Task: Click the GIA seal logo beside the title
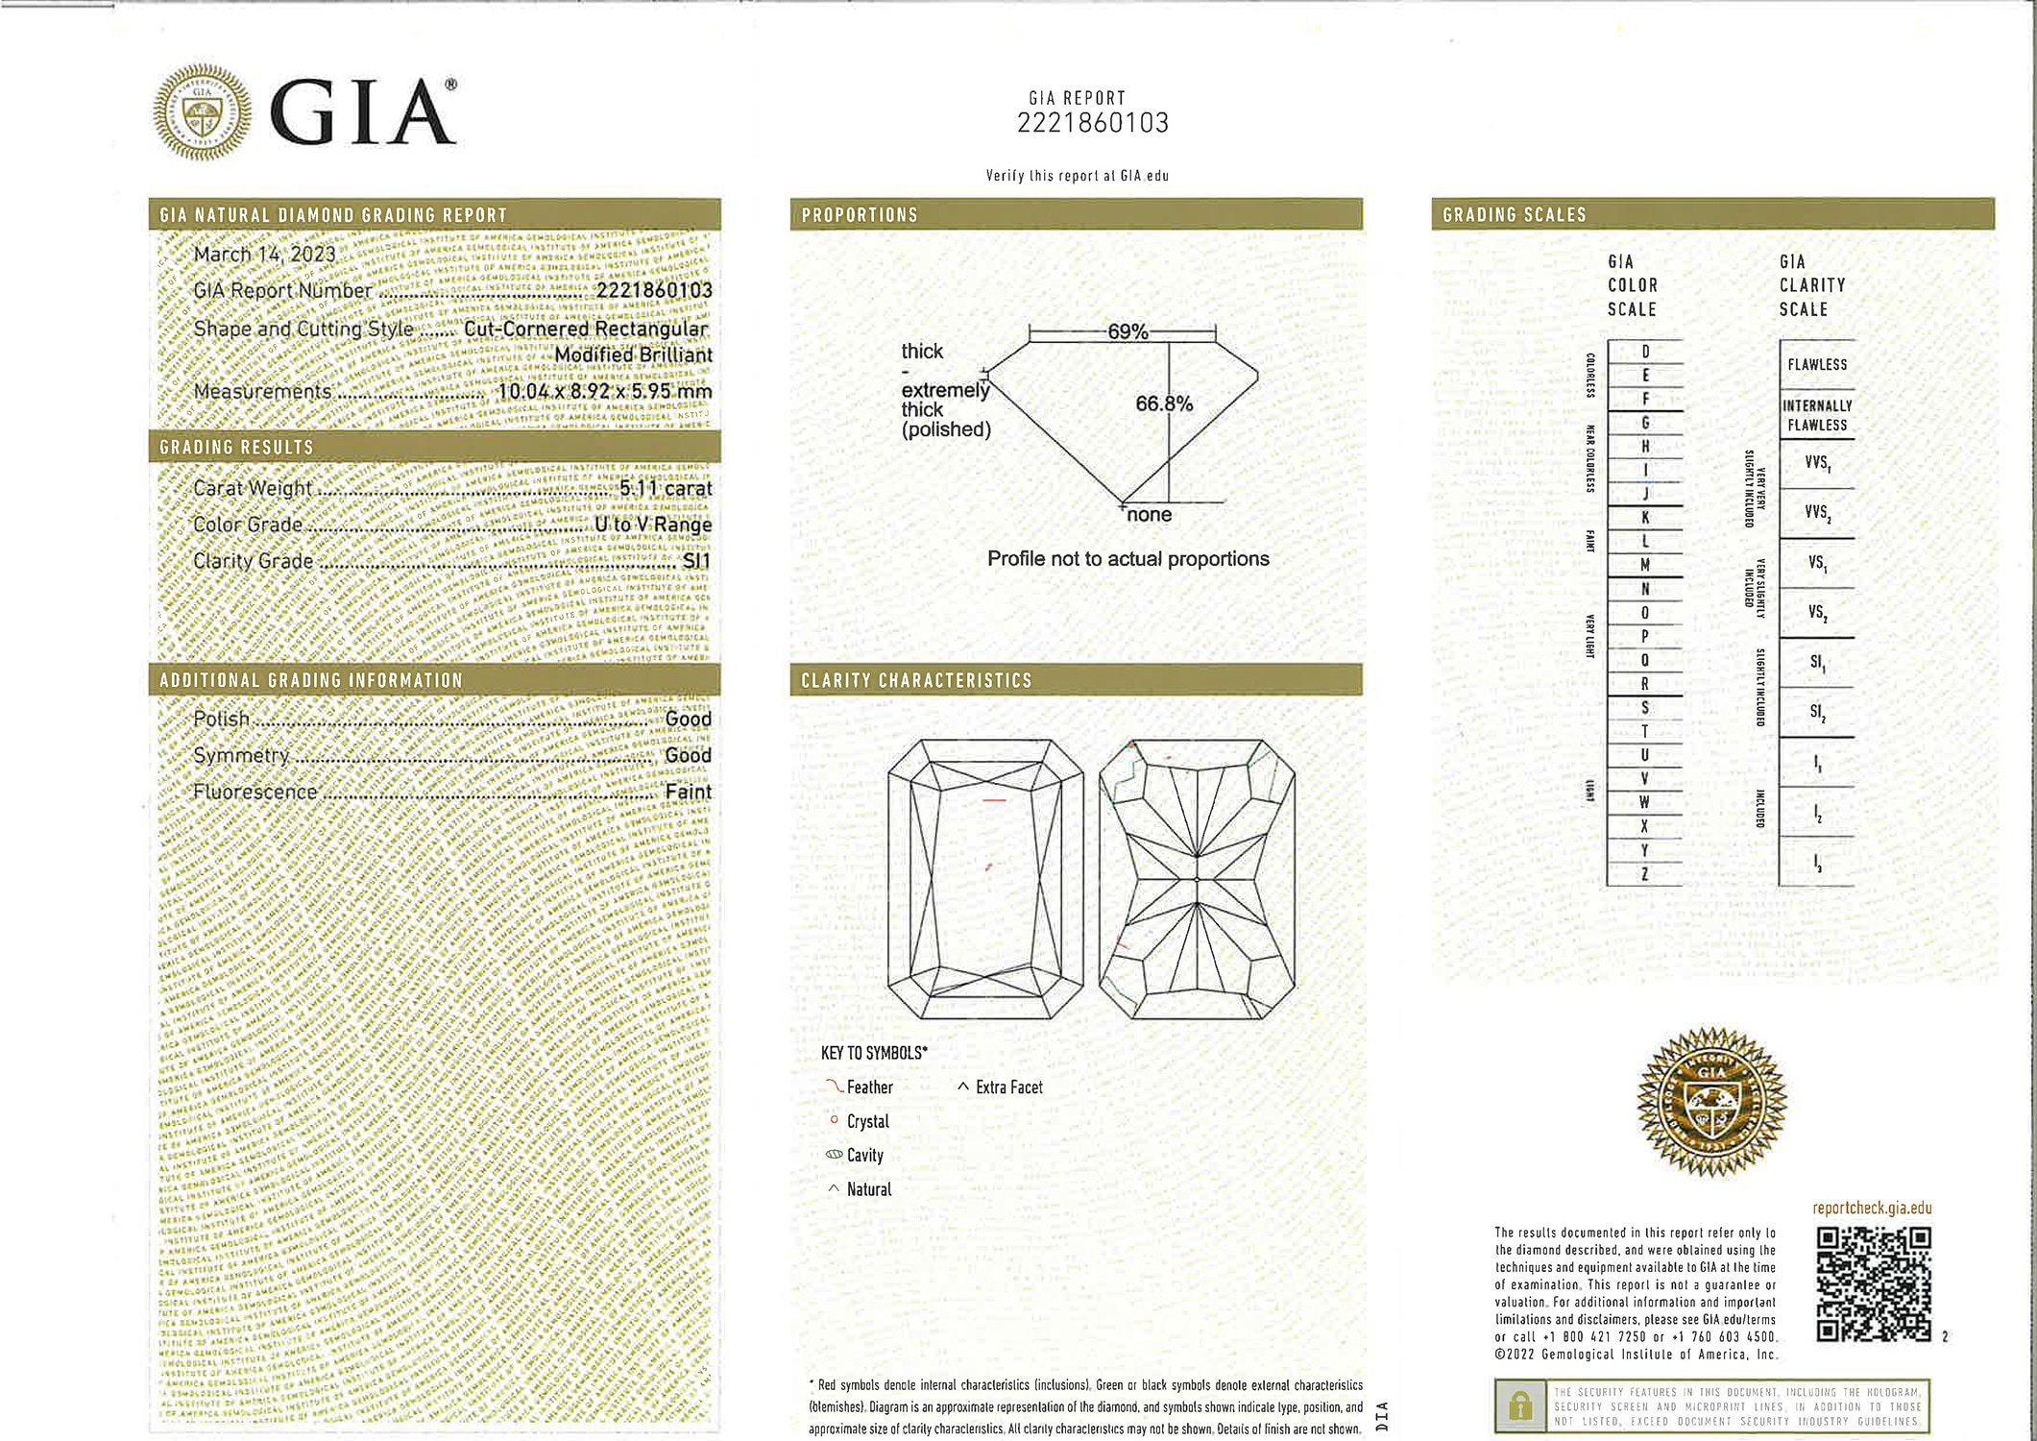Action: [203, 112]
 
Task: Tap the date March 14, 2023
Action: [264, 255]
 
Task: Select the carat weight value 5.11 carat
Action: [665, 488]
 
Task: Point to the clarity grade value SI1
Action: [696, 561]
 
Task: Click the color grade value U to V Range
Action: [653, 525]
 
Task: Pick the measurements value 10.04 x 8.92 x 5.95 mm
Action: [604, 391]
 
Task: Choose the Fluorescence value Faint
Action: [688, 792]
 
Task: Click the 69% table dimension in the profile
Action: [1128, 332]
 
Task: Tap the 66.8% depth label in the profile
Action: [1163, 404]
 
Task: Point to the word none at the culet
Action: [1149, 515]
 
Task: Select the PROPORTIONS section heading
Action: [860, 215]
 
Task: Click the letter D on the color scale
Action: [1645, 353]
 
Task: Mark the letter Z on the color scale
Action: [1645, 874]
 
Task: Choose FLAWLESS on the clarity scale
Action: [1817, 365]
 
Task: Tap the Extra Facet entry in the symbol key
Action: [1007, 1087]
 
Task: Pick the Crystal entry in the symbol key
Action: [866, 1121]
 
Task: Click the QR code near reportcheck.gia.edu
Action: [1874, 1283]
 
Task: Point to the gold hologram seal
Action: [1711, 1102]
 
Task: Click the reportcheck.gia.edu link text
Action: [1872, 1209]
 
